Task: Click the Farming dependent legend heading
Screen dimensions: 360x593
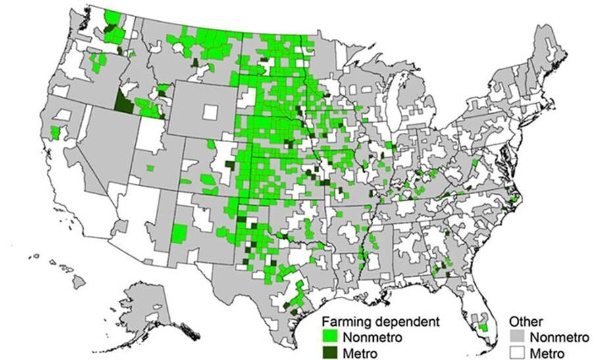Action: (380, 322)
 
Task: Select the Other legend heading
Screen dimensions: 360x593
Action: (525, 322)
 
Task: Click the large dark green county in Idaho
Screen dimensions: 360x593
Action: (122, 103)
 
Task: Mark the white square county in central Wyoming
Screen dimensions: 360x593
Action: (209, 112)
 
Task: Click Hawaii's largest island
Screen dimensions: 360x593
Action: (78, 281)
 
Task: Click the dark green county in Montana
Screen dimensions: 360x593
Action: (195, 63)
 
